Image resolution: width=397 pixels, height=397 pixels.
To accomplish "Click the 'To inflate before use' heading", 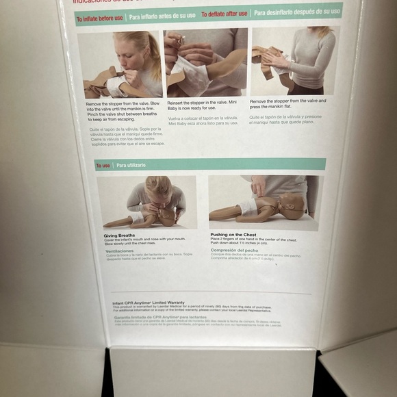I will tap(99, 19).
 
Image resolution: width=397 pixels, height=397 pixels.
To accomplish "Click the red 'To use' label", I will tap(103, 165).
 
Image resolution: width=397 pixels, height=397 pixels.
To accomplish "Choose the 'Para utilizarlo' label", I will tap(130, 165).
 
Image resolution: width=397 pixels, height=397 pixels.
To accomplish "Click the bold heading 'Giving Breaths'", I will tap(115, 235).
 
